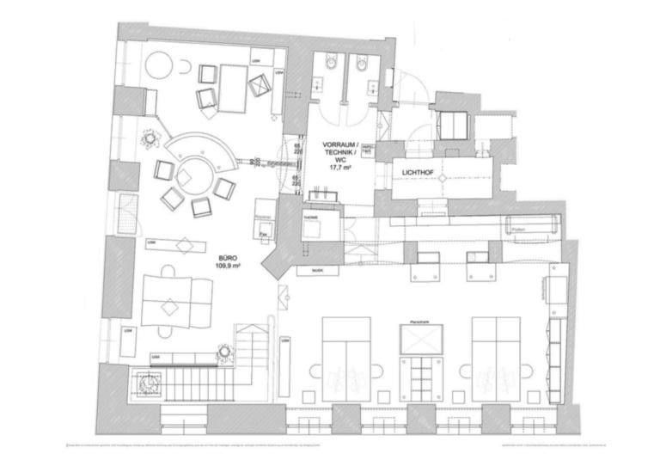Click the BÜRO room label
tap(226, 257)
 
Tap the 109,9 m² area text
tap(228, 266)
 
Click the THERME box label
tap(312, 218)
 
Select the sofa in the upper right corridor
tap(533, 226)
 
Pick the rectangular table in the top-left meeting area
tap(231, 85)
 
